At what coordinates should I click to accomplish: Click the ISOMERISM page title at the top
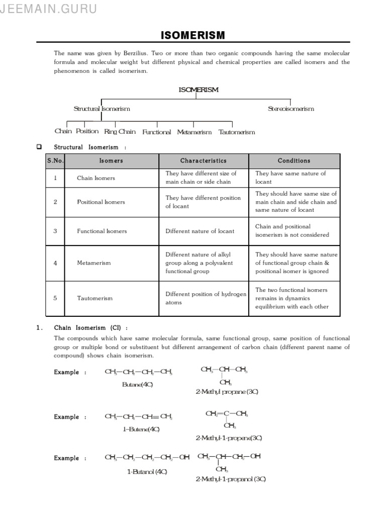pyautogui.click(x=193, y=35)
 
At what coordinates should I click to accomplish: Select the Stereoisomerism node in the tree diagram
pyautogui.click(x=291, y=109)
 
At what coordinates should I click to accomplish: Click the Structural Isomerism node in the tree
pyautogui.click(x=102, y=109)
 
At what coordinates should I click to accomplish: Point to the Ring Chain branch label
pyautogui.click(x=120, y=132)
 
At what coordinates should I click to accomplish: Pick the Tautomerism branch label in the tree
pyautogui.click(x=237, y=132)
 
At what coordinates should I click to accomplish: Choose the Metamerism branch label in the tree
pyautogui.click(x=195, y=132)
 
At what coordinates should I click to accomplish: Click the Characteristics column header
pyautogui.click(x=204, y=161)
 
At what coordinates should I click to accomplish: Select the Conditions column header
pyautogui.click(x=294, y=161)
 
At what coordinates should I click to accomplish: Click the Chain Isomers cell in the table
pyautogui.click(x=96, y=178)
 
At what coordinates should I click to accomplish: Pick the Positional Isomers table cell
pyautogui.click(x=101, y=202)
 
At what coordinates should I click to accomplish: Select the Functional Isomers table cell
pyautogui.click(x=102, y=231)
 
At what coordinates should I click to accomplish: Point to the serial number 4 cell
pyautogui.click(x=55, y=263)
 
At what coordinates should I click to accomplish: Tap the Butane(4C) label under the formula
pyautogui.click(x=137, y=385)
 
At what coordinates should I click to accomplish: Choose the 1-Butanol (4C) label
pyautogui.click(x=147, y=472)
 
